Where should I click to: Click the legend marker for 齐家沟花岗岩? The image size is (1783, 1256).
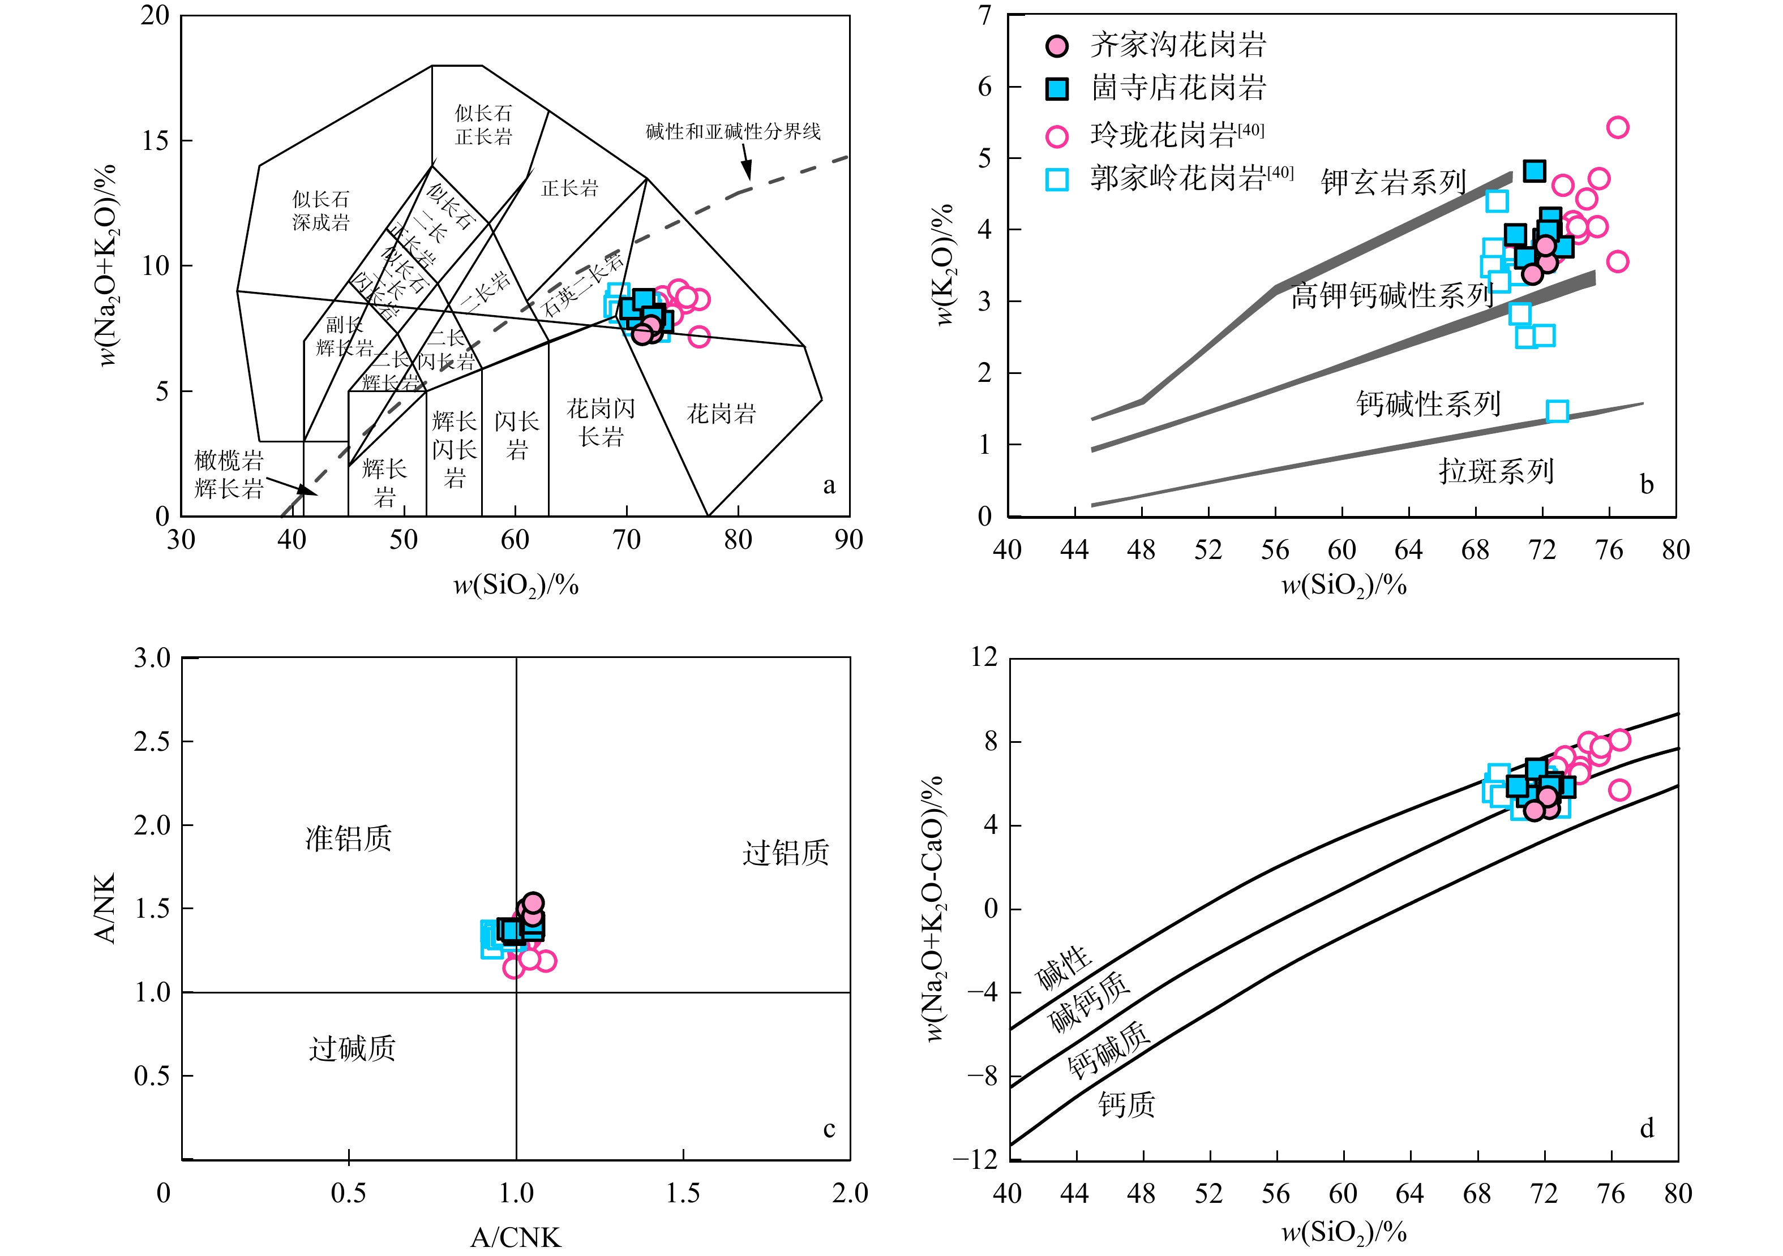[x=1057, y=46]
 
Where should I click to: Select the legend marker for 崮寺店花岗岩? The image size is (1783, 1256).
[x=1057, y=88]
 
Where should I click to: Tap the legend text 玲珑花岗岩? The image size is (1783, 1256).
[x=1163, y=136]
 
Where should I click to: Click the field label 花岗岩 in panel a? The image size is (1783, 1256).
[x=721, y=414]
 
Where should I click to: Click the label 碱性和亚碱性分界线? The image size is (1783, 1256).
[x=733, y=132]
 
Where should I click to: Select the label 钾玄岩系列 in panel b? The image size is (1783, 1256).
[x=1393, y=183]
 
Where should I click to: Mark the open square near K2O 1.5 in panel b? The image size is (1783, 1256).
[x=1557, y=411]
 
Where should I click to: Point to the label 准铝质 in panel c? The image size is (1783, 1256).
[x=349, y=838]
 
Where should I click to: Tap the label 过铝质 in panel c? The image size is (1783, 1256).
[x=785, y=853]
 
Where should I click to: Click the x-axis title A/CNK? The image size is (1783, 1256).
[x=516, y=1237]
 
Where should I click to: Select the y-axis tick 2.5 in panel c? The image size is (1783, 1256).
[x=152, y=742]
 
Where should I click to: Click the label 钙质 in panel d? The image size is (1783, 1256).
[x=1126, y=1104]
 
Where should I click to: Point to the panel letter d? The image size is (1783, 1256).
[x=1647, y=1128]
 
